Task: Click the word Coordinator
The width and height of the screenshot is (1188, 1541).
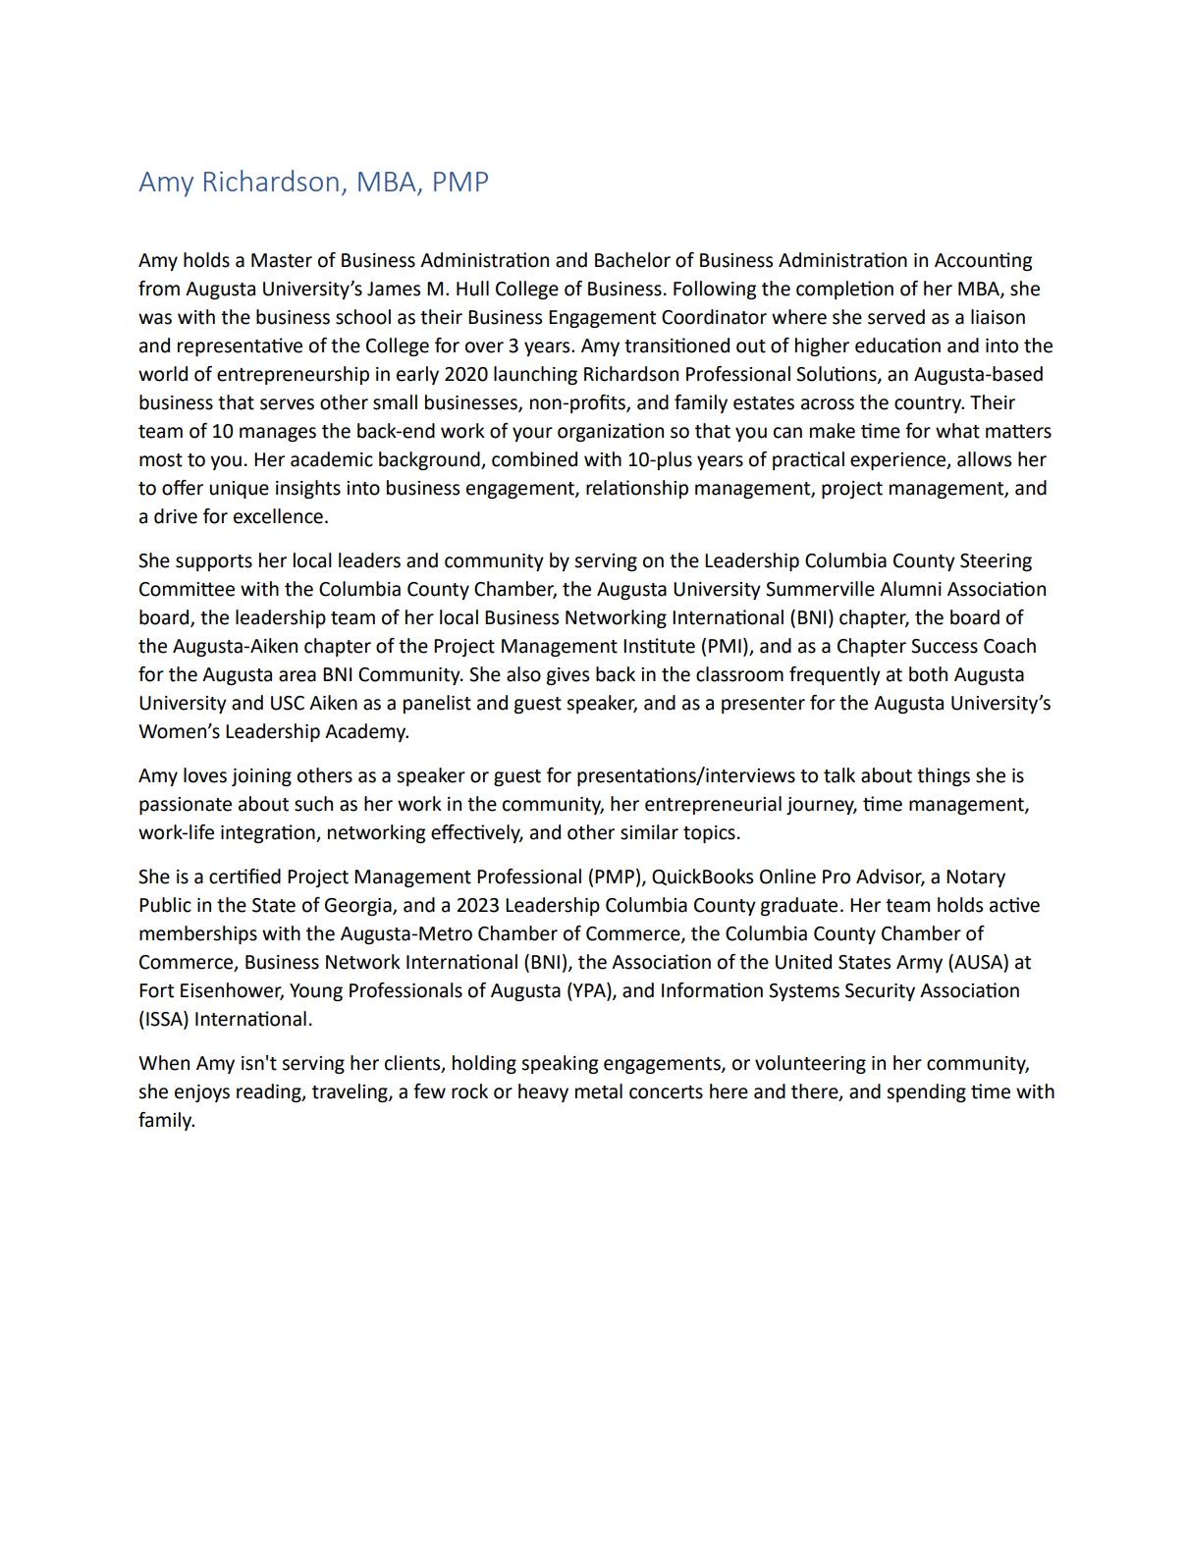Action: point(714,317)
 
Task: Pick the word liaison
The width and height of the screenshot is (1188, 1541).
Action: point(998,317)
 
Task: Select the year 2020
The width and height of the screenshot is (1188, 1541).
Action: point(466,374)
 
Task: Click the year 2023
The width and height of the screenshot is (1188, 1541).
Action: point(477,905)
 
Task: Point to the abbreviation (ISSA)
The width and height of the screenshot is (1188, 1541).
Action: point(163,1019)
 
